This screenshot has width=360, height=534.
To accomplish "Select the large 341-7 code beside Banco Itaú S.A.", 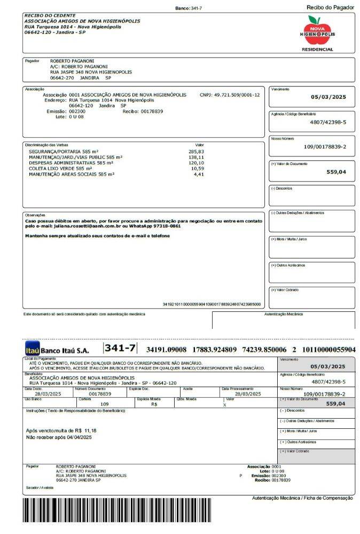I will (121, 348).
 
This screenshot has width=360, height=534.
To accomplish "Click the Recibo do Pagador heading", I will (330, 7).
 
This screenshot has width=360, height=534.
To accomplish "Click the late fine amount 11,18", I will (91, 430).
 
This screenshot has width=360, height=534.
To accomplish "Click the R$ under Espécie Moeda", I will (154, 404).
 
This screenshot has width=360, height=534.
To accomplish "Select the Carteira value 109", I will (105, 404).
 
